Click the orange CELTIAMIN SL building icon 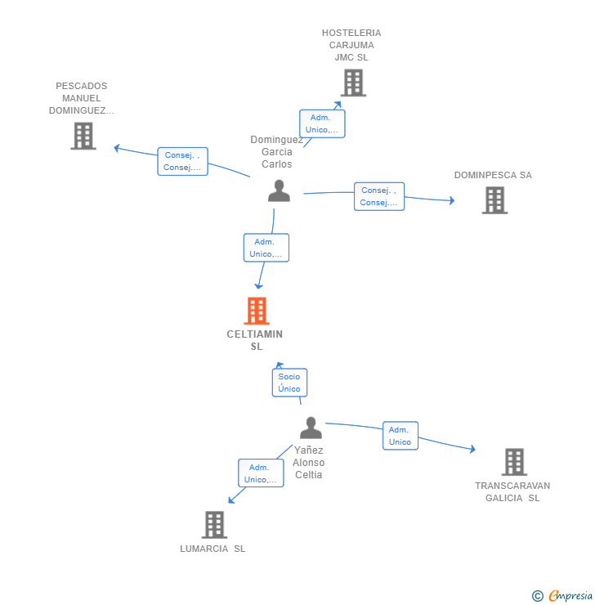coord(257,311)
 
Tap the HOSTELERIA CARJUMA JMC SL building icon coord(353,83)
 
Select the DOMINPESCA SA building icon coord(494,200)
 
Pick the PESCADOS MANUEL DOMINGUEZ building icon coord(83,136)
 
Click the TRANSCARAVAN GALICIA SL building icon coord(514,462)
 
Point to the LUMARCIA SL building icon coord(214,525)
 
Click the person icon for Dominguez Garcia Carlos coord(279,191)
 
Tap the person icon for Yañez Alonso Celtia coord(311,428)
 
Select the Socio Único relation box coord(289,383)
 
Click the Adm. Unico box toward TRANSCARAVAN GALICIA coord(400,436)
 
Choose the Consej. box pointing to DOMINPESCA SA coord(379,196)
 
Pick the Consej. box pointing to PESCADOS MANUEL coord(182,161)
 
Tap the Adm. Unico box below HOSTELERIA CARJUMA coord(322,123)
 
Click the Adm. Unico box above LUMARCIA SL coord(261,473)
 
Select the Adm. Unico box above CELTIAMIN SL coord(266,248)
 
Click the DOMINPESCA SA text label coord(493,175)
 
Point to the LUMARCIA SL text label coord(212,549)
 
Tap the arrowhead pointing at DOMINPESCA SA coord(452,200)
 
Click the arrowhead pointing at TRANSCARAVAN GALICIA coord(472,449)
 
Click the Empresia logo coord(563,595)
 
